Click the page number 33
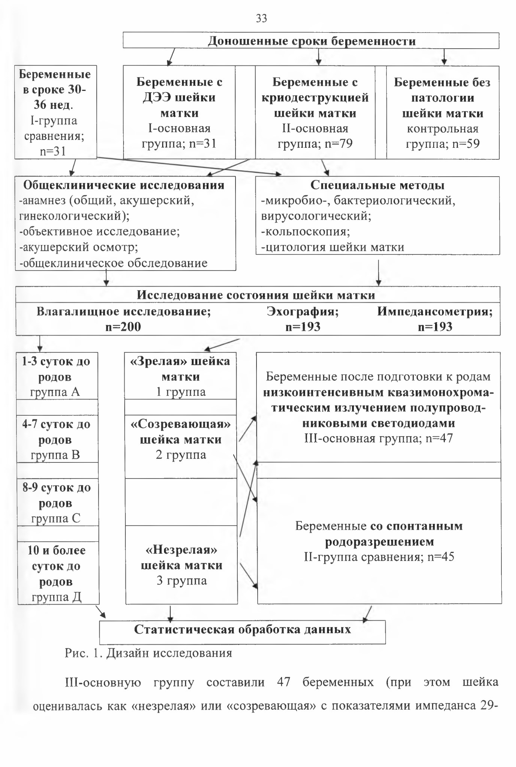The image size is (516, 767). point(261,18)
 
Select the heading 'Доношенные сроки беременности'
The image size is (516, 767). point(312,41)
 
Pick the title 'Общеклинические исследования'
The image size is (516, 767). point(124,185)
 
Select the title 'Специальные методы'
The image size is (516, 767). point(377,185)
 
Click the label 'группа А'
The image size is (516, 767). point(55,392)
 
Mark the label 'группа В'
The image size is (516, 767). point(55,455)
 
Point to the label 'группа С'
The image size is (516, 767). point(55,518)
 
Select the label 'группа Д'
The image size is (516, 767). point(56,597)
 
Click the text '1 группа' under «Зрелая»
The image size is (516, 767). point(181,392)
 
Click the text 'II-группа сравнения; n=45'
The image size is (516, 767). point(379,557)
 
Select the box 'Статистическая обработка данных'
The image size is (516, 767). point(242,632)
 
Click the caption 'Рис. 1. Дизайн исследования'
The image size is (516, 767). point(148,653)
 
